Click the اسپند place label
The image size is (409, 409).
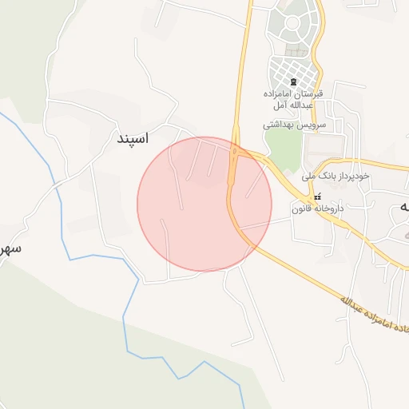pyautogui.click(x=133, y=138)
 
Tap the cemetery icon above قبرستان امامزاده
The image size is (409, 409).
pyautogui.click(x=293, y=82)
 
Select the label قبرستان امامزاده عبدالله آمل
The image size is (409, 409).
pyautogui.click(x=294, y=100)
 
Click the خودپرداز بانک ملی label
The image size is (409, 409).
pyautogui.click(x=332, y=174)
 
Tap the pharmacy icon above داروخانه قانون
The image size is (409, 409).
pyautogui.click(x=318, y=197)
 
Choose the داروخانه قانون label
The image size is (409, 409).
pyautogui.click(x=317, y=208)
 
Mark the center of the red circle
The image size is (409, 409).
pyautogui.click(x=204, y=204)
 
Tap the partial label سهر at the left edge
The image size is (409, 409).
pyautogui.click(x=10, y=248)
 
